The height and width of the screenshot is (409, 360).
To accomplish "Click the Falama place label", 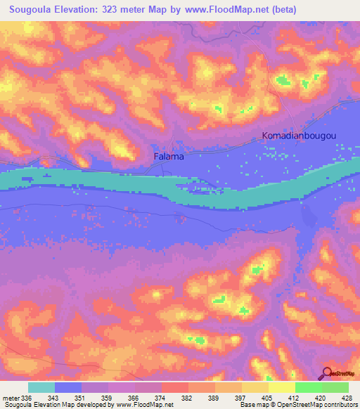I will coord(169,156).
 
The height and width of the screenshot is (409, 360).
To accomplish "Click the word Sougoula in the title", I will coord(33,10).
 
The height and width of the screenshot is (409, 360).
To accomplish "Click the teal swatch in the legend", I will coord(41,387).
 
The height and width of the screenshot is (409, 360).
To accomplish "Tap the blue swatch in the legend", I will coord(68,387).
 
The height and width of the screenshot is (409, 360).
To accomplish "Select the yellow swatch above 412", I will coord(282,387).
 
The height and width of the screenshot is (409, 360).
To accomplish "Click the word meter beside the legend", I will coord(11,398).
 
